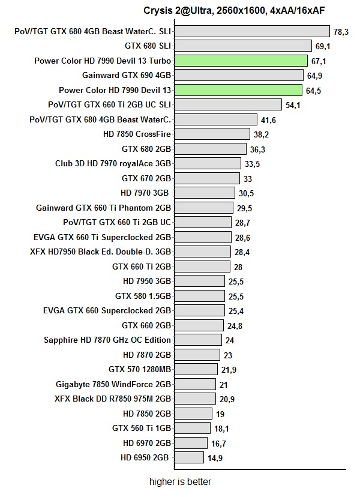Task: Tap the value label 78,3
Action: point(341,31)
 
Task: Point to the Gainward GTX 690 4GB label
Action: point(127,75)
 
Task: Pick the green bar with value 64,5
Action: point(238,90)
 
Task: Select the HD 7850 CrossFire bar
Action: point(212,134)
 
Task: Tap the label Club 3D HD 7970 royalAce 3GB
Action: point(113,163)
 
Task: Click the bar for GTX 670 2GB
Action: point(207,178)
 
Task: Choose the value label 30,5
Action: point(246,193)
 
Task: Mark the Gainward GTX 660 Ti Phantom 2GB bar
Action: point(203,208)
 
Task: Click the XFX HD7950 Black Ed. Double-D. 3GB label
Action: point(100,252)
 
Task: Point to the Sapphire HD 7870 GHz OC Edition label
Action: point(107,340)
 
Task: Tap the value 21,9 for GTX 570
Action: point(229,369)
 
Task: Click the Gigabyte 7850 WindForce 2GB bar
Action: point(195,384)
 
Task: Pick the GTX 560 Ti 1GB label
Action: point(142,428)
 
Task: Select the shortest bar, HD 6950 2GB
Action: point(189,457)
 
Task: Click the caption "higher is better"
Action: point(180,481)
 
